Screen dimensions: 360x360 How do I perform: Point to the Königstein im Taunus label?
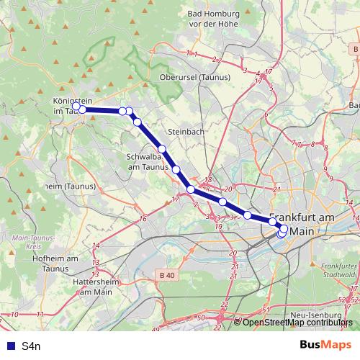click(68, 106)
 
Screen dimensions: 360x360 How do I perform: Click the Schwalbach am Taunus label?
click(148, 161)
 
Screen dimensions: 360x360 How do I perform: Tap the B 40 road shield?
click(167, 275)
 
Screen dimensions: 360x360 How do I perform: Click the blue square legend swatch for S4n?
click(9, 346)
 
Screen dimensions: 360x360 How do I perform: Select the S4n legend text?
click(31, 346)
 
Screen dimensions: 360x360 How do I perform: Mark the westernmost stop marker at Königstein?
click(76, 107)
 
